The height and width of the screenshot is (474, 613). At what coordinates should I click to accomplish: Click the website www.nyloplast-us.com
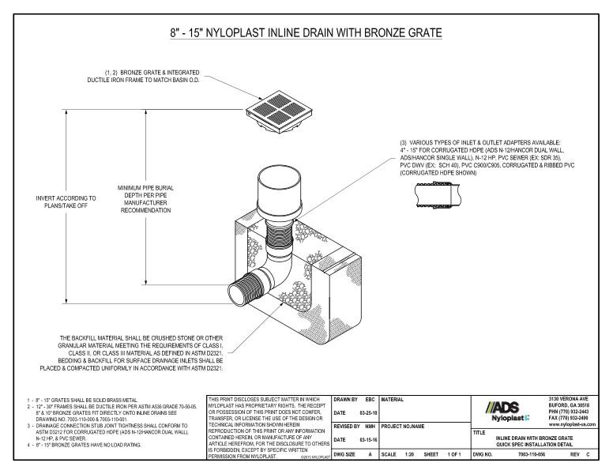click(575, 424)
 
